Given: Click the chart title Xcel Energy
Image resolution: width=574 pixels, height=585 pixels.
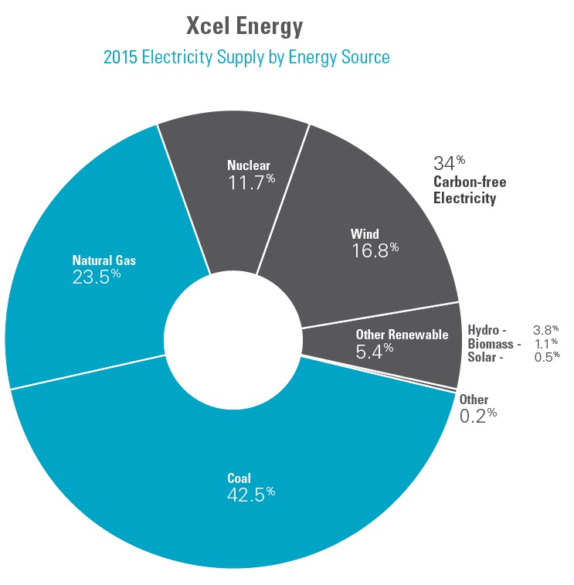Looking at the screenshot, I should (x=244, y=26).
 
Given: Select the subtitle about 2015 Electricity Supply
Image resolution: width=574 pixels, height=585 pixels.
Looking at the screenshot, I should (x=246, y=57).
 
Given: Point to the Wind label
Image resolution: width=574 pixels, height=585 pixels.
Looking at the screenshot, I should (x=365, y=233).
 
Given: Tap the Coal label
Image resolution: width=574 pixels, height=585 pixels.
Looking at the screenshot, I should (x=239, y=478).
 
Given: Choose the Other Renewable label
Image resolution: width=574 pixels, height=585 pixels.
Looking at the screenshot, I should (x=402, y=335).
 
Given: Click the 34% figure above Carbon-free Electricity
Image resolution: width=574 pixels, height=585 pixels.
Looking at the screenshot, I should (x=449, y=163).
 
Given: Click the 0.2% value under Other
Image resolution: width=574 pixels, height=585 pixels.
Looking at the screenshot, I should (x=477, y=415).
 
